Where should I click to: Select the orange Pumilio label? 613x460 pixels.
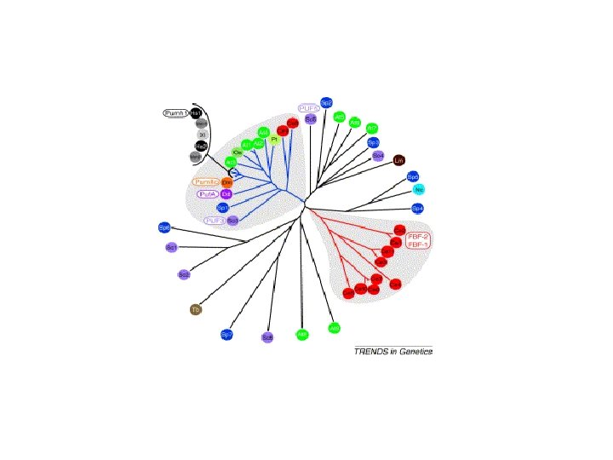click(x=207, y=182)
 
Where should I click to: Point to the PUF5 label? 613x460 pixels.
click(x=308, y=108)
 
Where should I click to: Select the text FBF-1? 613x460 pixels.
click(x=418, y=244)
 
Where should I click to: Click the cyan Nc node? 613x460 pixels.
click(x=418, y=190)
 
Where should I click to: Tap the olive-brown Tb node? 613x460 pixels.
click(x=195, y=309)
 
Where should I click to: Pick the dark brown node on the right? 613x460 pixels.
click(x=398, y=159)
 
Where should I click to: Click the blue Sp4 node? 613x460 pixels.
click(x=417, y=208)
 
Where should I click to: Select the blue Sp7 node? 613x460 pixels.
click(x=227, y=335)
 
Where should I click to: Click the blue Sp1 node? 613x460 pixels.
click(x=223, y=207)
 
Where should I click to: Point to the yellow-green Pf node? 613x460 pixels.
click(x=274, y=139)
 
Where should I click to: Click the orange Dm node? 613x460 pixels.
click(x=226, y=182)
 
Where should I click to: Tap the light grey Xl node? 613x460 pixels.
click(x=202, y=135)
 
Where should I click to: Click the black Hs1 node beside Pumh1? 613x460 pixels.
click(x=195, y=112)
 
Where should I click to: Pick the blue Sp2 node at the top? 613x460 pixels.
click(x=326, y=102)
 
